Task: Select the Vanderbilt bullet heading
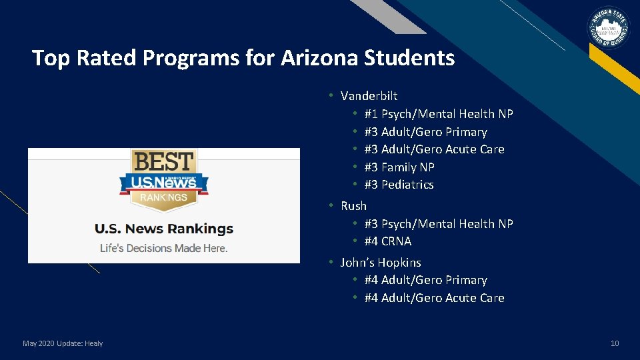pos(369,96)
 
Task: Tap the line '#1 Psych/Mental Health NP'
pos(439,114)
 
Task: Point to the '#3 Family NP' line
pos(399,167)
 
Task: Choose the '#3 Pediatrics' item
pos(399,185)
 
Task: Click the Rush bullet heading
pos(353,206)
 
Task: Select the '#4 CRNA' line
pos(388,241)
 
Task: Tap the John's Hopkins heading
pos(381,263)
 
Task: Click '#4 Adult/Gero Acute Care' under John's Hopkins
pos(434,298)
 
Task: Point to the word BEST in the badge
pos(164,162)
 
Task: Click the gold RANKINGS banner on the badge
pos(164,197)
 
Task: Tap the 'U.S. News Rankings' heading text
pos(164,229)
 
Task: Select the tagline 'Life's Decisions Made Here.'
pos(164,248)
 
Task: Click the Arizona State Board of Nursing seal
pos(607,29)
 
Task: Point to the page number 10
pos(615,343)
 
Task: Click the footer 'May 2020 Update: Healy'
pos(63,343)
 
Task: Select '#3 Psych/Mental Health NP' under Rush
pos(439,224)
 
